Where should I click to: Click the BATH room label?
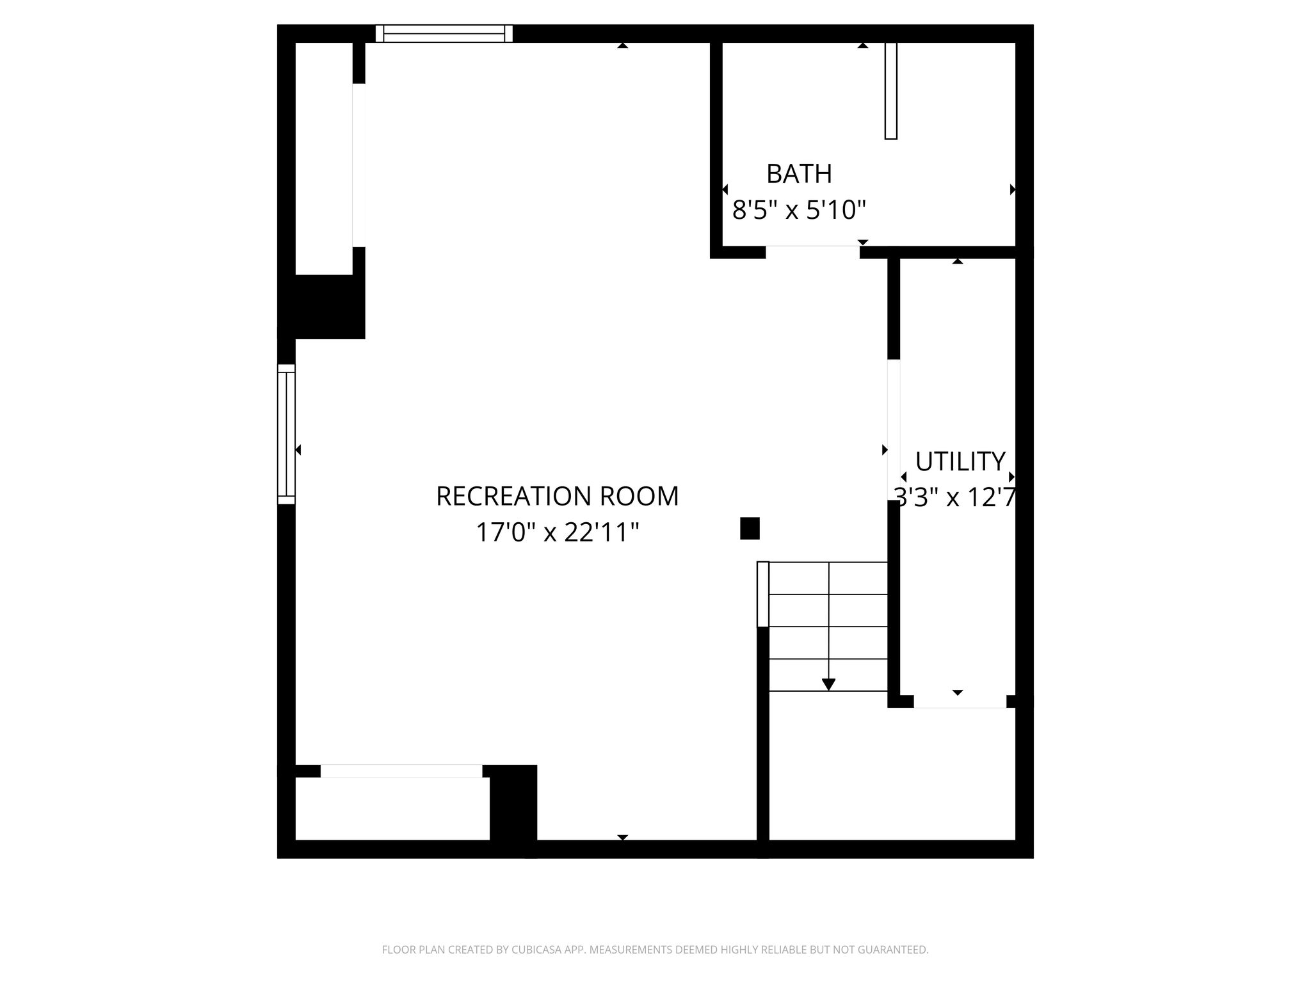point(799,173)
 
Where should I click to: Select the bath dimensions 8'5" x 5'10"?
point(799,210)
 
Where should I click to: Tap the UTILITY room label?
point(960,461)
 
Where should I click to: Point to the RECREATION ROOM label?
point(557,496)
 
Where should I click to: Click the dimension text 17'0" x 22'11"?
point(557,532)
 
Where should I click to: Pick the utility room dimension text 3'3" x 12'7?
point(954,497)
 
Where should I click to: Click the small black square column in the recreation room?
point(750,529)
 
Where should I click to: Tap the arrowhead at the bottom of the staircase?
point(828,684)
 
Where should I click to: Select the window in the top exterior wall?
point(444,33)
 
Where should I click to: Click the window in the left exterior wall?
point(286,435)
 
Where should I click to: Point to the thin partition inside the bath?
point(890,90)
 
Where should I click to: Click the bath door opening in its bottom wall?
point(812,252)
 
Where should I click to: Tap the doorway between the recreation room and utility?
point(894,430)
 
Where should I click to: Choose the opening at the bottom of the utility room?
point(960,701)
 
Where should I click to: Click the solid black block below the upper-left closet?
point(327,307)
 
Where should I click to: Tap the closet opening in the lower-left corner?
point(401,771)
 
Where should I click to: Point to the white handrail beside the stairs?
point(762,594)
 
